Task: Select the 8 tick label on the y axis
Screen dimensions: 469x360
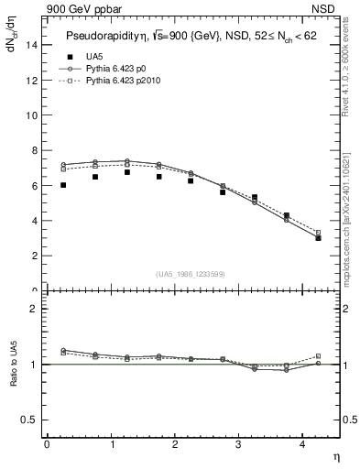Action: click(x=34, y=151)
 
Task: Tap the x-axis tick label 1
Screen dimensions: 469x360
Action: click(x=111, y=445)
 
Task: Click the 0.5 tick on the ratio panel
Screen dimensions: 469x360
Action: click(x=30, y=420)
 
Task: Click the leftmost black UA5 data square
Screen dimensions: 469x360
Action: click(x=63, y=185)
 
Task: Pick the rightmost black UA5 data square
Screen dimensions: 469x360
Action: click(x=318, y=237)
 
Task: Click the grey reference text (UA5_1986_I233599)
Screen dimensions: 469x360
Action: click(x=191, y=274)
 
